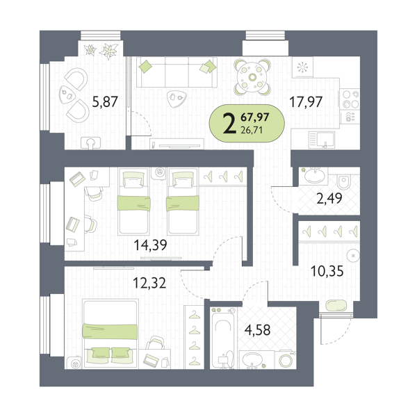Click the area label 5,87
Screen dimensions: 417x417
[x=105, y=102]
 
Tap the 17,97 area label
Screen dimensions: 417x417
[x=306, y=102]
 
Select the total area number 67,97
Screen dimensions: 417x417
[x=255, y=117]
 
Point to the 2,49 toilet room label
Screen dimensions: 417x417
[x=329, y=198]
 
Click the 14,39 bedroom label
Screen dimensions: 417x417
[x=151, y=245]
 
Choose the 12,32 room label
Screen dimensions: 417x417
[x=149, y=283]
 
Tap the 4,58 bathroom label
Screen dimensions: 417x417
[x=257, y=330]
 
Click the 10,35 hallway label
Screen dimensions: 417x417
[x=327, y=272]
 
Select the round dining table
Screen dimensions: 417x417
[x=252, y=77]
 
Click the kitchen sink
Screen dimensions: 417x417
[x=322, y=140]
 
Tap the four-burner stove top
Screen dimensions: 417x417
[x=350, y=99]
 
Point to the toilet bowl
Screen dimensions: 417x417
[x=344, y=181]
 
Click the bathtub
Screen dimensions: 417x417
[x=222, y=338]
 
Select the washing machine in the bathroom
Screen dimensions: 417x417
[x=286, y=360]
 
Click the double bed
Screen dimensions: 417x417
[x=111, y=334]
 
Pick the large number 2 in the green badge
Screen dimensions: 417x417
[x=229, y=124]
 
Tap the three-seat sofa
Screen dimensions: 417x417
[x=177, y=72]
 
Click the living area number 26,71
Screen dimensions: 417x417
[x=252, y=131]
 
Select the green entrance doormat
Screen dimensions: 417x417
[x=336, y=306]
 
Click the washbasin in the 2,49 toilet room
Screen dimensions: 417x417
[x=314, y=175]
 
